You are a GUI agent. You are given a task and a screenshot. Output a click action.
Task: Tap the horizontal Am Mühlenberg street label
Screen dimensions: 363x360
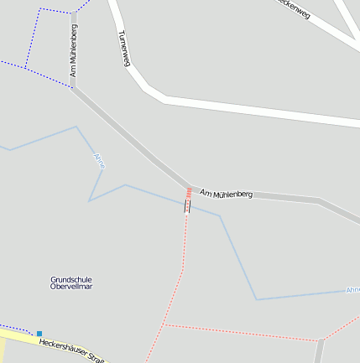pos(227,194)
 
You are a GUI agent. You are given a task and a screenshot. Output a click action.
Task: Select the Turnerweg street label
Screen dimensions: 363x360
pos(124,49)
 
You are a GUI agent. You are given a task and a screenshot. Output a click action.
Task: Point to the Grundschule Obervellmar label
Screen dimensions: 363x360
pos(71,283)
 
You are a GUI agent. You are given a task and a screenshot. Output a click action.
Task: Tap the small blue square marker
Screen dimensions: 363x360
pos(39,333)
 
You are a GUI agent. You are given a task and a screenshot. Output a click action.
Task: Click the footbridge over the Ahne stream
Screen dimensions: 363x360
pos(187,205)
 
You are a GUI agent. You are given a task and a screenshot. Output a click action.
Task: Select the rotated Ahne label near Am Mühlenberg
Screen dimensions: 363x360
pos(100,160)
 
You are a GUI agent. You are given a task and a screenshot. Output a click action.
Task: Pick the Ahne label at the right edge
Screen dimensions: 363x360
pos(352,290)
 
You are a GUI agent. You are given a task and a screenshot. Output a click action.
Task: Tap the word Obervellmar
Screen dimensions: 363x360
pos(71,287)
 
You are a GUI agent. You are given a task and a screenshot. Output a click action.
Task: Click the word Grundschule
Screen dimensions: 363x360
pos(71,279)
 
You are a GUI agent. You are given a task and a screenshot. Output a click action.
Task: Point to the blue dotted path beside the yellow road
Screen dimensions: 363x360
pos(17,326)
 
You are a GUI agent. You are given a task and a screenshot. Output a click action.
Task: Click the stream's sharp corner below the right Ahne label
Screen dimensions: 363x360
pos(256,299)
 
